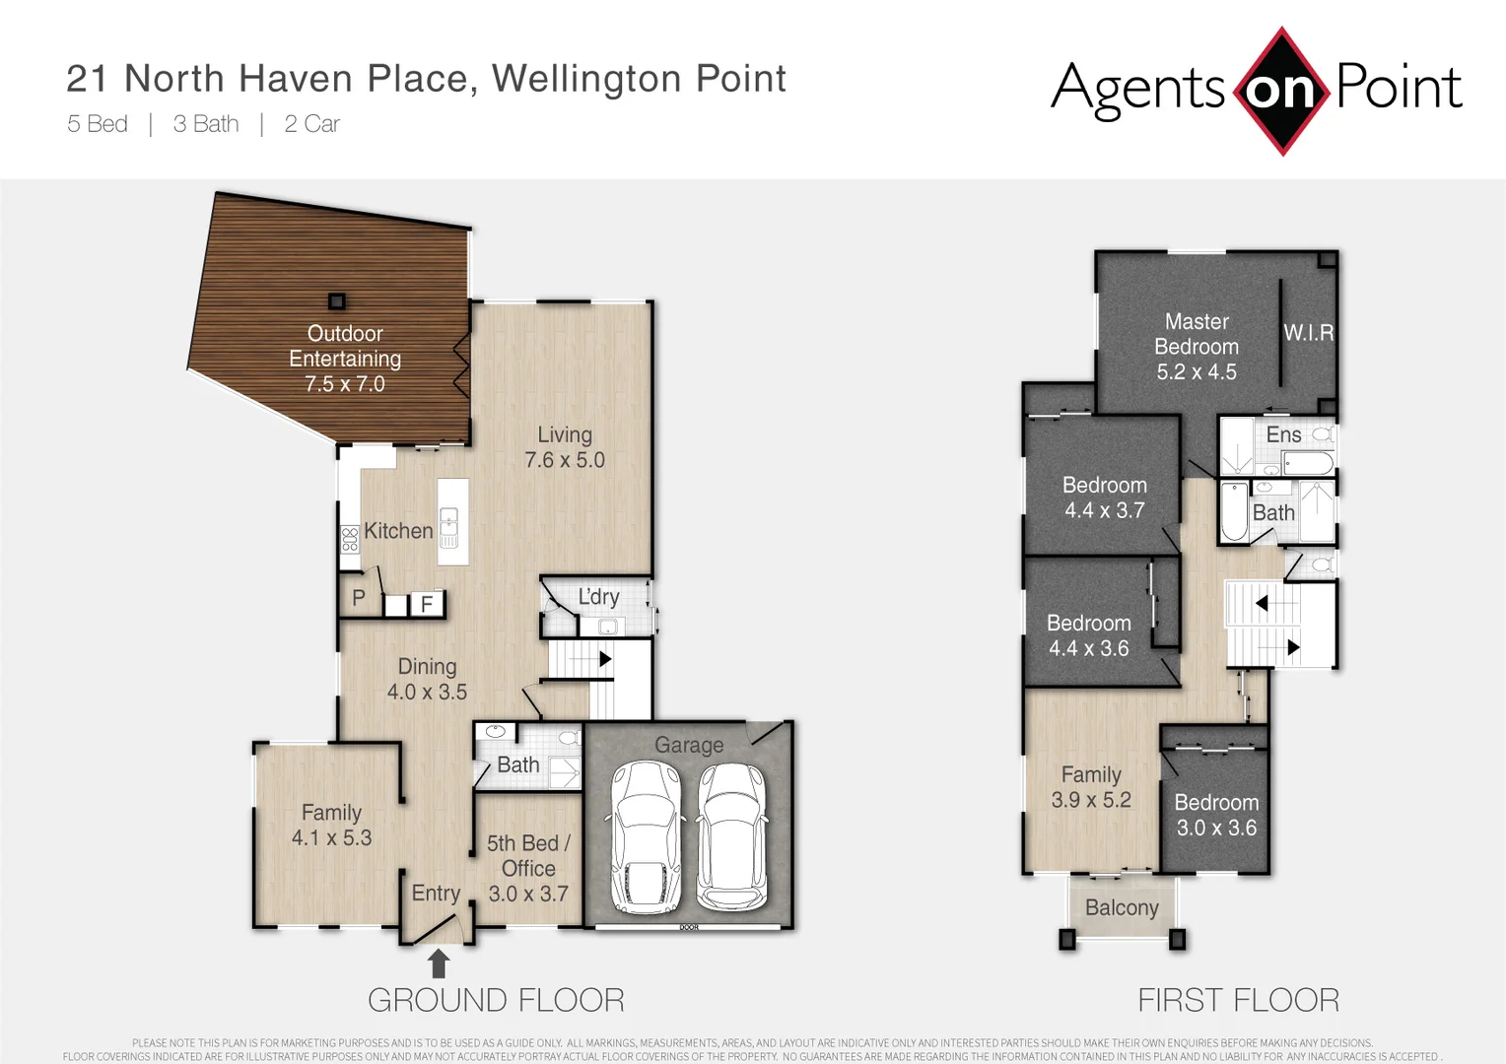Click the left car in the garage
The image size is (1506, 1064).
click(647, 837)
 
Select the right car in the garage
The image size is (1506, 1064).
click(732, 837)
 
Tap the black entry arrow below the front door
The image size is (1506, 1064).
click(439, 963)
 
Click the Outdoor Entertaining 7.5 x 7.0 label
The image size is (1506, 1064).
click(345, 359)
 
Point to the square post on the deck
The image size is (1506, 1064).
click(337, 301)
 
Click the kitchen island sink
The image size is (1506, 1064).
click(448, 526)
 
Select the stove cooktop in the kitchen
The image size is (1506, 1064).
click(350, 539)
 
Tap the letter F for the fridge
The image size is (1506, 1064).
click(427, 604)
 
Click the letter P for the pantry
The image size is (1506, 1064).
click(359, 598)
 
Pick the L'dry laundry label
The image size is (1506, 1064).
click(598, 597)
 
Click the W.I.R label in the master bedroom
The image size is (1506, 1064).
click(1308, 333)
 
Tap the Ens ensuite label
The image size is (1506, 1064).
click(1283, 434)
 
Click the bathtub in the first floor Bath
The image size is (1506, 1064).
click(1234, 511)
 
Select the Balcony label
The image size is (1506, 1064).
click(1122, 907)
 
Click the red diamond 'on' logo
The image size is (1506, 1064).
click(1281, 91)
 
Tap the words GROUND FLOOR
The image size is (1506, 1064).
click(496, 1000)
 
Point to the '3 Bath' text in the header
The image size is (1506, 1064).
click(206, 124)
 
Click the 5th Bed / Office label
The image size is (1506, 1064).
click(528, 868)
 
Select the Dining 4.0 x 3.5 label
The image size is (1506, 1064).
click(427, 679)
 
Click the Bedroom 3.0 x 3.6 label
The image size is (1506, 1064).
click(1216, 815)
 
